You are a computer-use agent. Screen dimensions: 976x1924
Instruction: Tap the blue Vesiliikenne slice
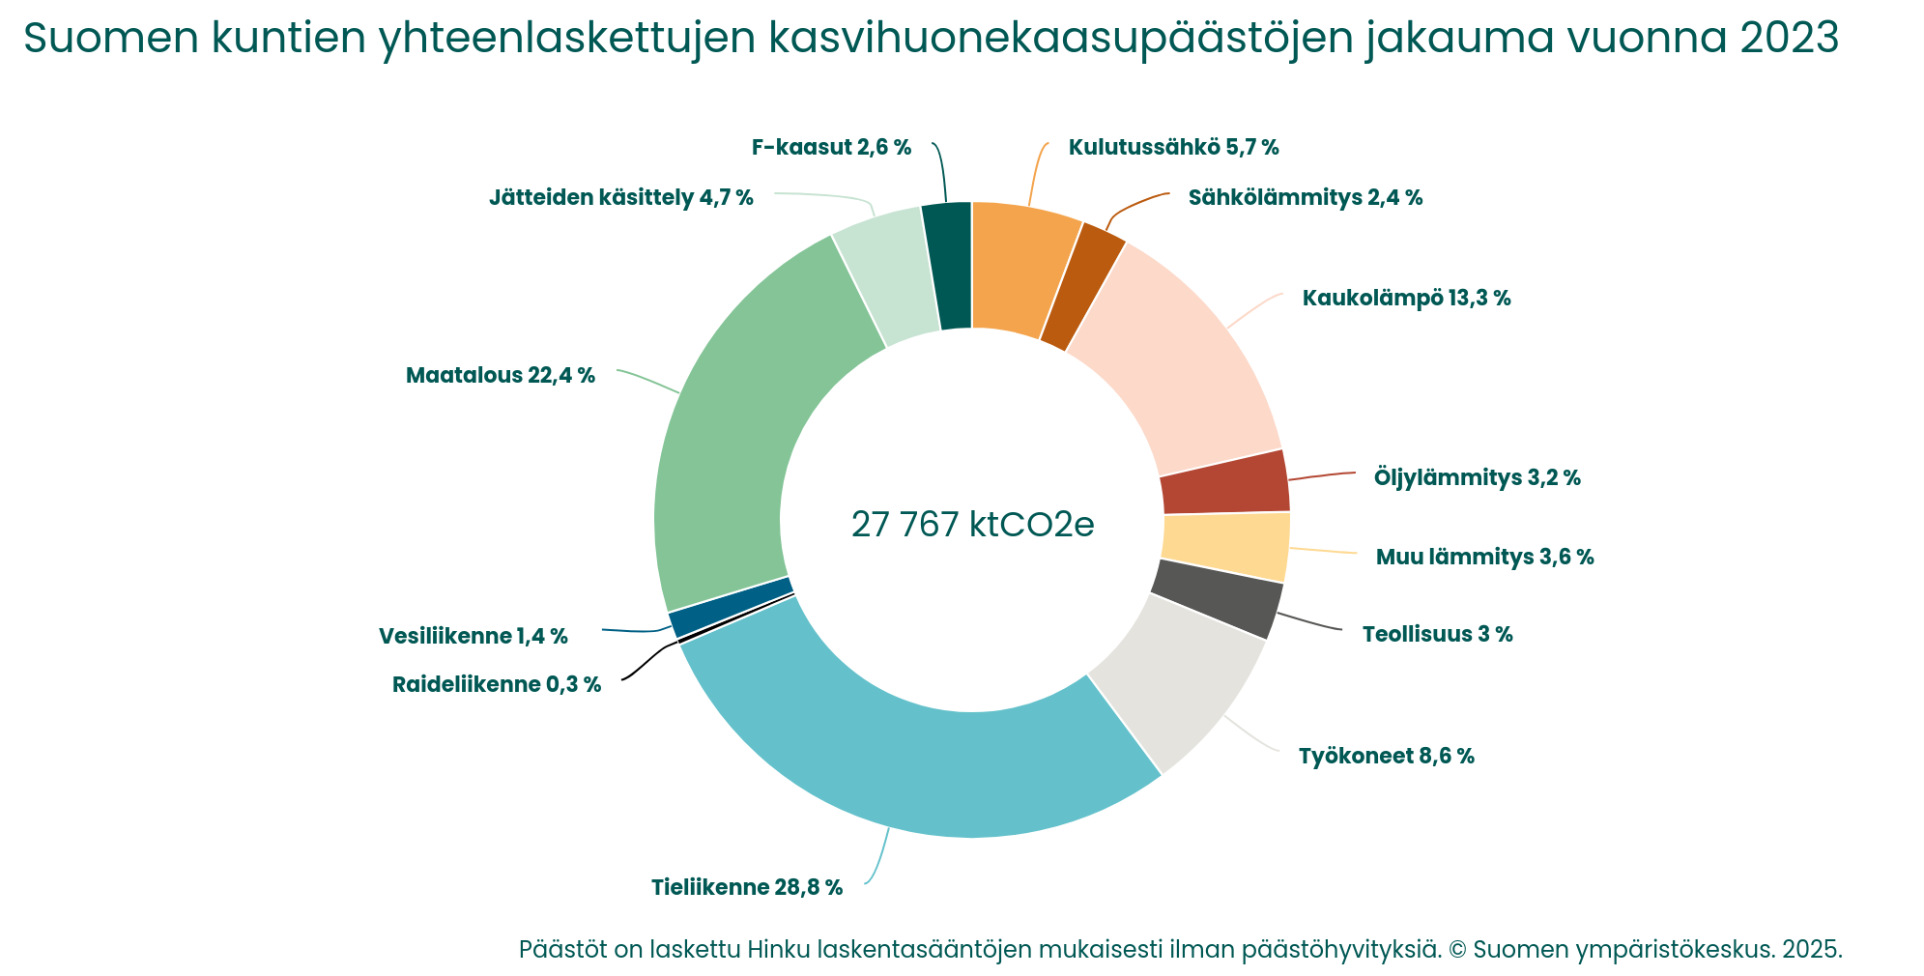click(730, 607)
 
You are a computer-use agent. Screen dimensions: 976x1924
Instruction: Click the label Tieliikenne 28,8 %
click(746, 887)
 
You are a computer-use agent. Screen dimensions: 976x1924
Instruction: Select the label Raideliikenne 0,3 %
click(496, 685)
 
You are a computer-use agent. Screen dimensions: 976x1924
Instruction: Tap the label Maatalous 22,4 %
click(500, 375)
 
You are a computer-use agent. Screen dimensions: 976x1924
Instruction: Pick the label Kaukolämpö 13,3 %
click(1406, 298)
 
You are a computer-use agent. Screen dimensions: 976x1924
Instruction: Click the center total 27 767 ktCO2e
click(972, 525)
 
